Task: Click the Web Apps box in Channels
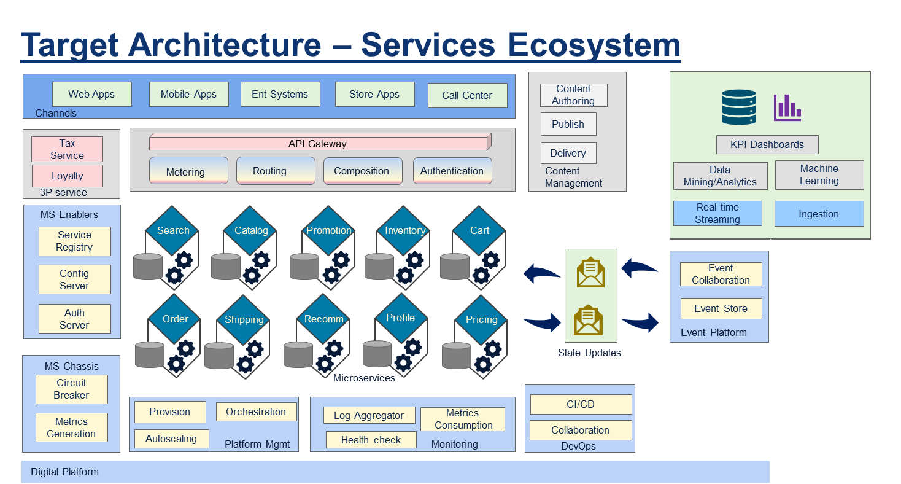pos(91,95)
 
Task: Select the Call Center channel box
pos(467,96)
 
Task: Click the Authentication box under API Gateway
pos(452,171)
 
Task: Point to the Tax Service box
pos(68,149)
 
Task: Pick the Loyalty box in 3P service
pos(68,176)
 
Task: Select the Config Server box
pos(74,279)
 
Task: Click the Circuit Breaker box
pos(71,389)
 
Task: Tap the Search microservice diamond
pos(172,231)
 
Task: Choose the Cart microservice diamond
pos(479,231)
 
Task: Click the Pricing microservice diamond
pos(481,319)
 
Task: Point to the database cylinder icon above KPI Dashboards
pos(738,107)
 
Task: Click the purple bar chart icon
pos(787,107)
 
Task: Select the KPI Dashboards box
pos(767,145)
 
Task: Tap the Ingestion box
pos(819,214)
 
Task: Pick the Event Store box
pos(721,309)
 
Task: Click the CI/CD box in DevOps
pos(581,405)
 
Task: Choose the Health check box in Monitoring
pos(371,440)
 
